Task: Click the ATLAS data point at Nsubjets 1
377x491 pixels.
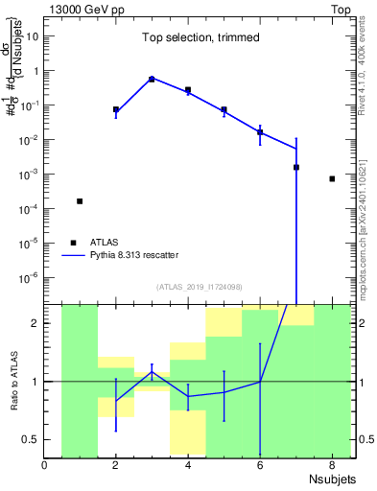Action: [80, 201]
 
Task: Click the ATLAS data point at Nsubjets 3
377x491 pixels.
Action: [152, 79]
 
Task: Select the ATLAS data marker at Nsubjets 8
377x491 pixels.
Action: [332, 178]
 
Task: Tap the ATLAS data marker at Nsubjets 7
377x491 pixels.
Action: [296, 167]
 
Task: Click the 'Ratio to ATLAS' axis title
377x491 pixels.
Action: [12, 381]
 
